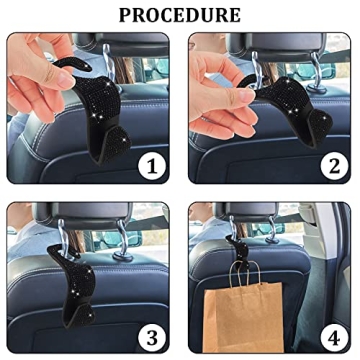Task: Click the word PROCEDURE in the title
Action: [x=180, y=15]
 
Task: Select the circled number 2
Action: [x=333, y=165]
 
